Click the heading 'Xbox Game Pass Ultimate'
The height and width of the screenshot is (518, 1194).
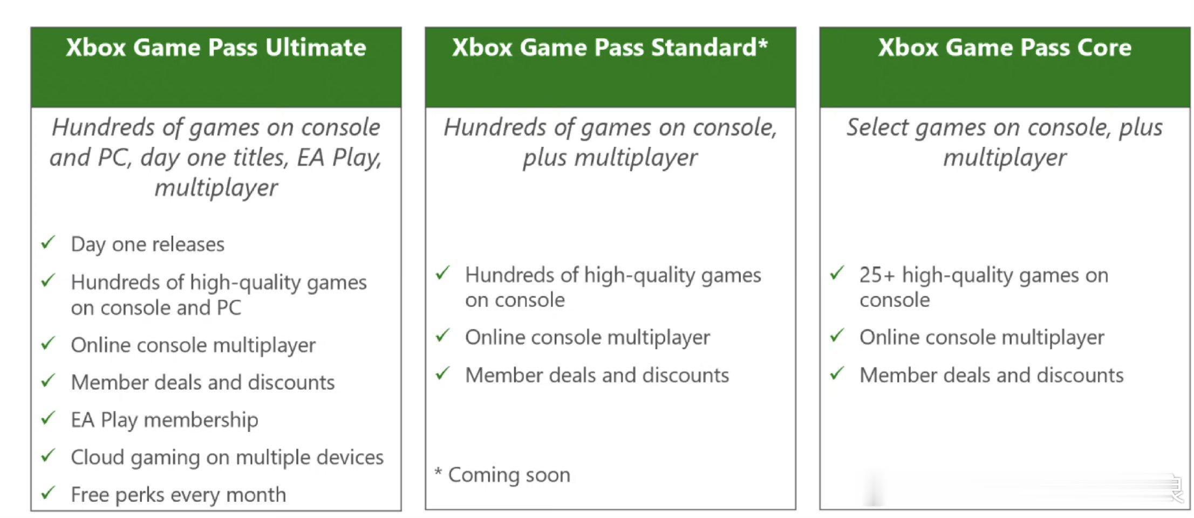[216, 47]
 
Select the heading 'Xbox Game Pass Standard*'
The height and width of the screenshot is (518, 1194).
[610, 47]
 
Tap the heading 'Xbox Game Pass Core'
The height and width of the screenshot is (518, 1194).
[1005, 47]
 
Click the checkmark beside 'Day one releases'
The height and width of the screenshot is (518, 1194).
[49, 242]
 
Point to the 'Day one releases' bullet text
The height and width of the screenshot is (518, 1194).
[147, 244]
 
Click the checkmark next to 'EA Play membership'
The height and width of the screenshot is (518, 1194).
[49, 418]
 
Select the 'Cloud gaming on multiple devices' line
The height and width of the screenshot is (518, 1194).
[227, 458]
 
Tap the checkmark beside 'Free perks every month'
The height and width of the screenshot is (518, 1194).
[49, 492]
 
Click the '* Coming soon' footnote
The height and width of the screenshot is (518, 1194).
[502, 475]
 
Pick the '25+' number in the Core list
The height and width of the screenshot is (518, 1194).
[877, 275]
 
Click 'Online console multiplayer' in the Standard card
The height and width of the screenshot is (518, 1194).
[588, 338]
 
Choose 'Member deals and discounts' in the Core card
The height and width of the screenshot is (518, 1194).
[992, 375]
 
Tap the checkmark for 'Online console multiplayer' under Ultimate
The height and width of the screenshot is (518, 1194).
[49, 343]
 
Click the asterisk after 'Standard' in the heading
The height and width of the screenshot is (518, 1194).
[763, 43]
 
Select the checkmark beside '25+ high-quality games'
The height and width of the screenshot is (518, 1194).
[837, 273]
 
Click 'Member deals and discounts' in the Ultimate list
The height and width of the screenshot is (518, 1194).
[203, 382]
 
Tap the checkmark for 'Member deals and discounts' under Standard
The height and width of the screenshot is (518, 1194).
[443, 373]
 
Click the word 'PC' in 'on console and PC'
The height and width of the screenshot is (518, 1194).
[229, 308]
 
